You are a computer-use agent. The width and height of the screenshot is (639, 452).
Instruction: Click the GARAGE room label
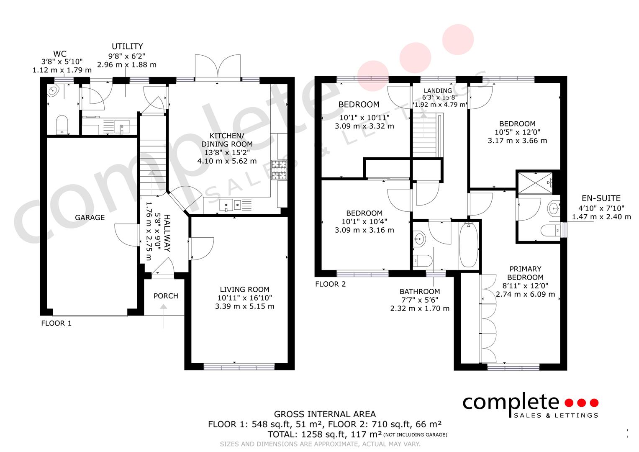click(x=90, y=218)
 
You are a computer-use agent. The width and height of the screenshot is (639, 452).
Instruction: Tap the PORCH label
click(x=166, y=296)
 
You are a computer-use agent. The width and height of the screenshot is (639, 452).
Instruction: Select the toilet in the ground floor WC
click(x=62, y=125)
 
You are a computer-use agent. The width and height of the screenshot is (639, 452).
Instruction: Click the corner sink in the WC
click(x=53, y=91)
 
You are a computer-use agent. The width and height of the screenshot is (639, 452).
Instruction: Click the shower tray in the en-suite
click(x=535, y=183)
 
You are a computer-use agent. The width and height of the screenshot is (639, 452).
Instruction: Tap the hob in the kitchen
click(x=279, y=170)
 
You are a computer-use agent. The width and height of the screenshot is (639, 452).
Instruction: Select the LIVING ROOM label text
click(x=244, y=289)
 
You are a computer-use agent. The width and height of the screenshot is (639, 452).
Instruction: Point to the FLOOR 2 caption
click(x=330, y=284)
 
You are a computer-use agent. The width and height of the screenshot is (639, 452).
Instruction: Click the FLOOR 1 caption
click(x=56, y=323)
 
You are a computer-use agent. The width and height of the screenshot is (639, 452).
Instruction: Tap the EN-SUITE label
click(x=601, y=198)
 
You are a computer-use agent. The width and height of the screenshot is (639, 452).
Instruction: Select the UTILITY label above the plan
click(x=127, y=46)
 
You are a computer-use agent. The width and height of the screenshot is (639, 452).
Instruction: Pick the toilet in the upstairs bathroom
click(x=423, y=260)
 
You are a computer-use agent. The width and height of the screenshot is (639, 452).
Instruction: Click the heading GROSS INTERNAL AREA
click(x=325, y=414)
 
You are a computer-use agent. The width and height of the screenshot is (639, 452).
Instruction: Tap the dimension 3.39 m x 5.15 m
click(x=244, y=306)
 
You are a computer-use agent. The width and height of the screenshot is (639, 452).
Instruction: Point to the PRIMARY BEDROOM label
click(x=525, y=273)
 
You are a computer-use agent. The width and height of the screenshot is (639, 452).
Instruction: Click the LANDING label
click(x=438, y=91)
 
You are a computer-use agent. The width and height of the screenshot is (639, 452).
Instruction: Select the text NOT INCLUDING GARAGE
click(x=416, y=434)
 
